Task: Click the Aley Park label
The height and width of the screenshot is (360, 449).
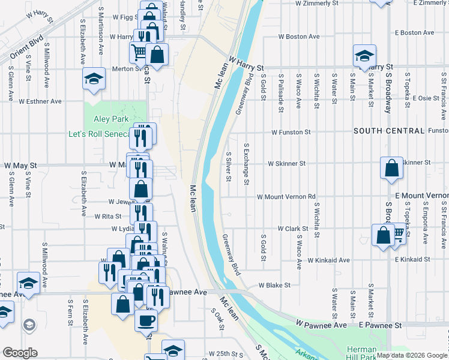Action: (x=107, y=119)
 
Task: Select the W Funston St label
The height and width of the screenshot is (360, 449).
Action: (x=291, y=131)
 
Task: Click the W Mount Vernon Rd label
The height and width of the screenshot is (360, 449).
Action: (x=286, y=197)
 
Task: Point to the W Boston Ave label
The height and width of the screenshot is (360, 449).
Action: (x=299, y=37)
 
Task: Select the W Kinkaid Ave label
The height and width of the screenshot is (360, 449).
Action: (x=328, y=260)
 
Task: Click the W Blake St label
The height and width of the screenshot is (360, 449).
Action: (x=274, y=286)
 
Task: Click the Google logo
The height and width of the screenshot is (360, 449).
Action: (x=20, y=353)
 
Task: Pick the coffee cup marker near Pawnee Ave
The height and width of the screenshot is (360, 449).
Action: (x=146, y=320)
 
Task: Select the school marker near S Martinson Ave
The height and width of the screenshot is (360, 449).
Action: (x=94, y=79)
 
